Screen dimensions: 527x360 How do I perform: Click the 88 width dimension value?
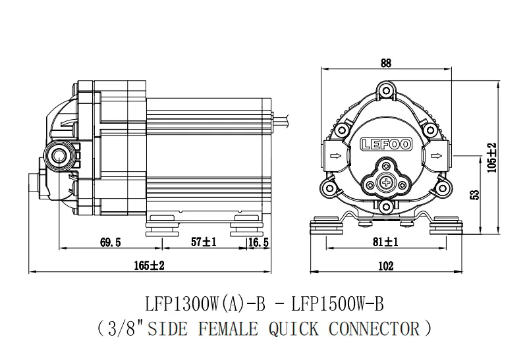tap(386, 63)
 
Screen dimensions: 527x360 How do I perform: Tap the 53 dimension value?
tap(475, 195)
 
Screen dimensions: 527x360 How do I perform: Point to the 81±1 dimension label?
tap(385, 242)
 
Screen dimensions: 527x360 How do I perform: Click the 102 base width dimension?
tap(385, 266)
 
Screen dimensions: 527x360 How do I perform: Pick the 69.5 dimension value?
tap(110, 242)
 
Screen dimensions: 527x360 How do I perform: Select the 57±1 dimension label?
tap(204, 242)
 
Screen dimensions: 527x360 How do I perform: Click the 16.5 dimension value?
tap(258, 242)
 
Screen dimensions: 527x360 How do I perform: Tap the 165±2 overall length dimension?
tap(150, 266)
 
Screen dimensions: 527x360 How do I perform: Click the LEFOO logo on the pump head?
tap(386, 145)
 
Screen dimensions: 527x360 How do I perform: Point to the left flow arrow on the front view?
tap(336, 155)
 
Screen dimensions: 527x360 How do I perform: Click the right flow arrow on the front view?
tap(436, 155)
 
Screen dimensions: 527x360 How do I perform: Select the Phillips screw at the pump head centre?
tap(386, 183)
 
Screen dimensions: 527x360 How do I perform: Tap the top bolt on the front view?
tap(386, 90)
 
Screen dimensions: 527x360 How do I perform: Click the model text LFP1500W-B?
tap(337, 305)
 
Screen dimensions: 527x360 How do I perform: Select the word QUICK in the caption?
tap(293, 329)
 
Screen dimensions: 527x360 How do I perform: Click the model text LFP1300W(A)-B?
tap(206, 305)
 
